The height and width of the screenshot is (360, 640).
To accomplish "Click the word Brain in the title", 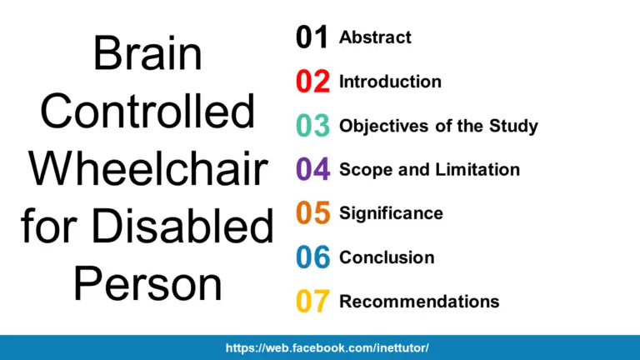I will click(x=147, y=54).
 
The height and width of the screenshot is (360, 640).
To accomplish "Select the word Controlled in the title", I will click(x=147, y=112).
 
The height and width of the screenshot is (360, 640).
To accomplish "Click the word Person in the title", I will click(x=147, y=283).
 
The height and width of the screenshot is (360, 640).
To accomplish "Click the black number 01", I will click(x=312, y=38).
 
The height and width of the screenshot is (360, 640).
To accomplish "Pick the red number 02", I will click(x=312, y=82).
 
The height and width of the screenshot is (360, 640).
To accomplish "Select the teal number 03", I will click(x=312, y=127).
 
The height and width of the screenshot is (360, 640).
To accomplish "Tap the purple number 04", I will click(x=312, y=170).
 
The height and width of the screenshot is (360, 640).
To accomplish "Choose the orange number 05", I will click(x=312, y=214).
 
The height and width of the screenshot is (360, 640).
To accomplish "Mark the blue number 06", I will click(x=312, y=258).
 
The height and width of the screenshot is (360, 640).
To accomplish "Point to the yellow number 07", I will click(x=312, y=302).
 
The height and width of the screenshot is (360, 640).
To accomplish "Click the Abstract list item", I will click(x=375, y=37).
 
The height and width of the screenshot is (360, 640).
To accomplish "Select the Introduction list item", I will click(x=390, y=82).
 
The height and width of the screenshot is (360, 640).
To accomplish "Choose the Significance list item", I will click(x=391, y=213).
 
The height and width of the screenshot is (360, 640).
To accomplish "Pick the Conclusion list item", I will click(x=387, y=257).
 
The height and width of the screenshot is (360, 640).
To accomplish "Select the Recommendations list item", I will click(x=419, y=301).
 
